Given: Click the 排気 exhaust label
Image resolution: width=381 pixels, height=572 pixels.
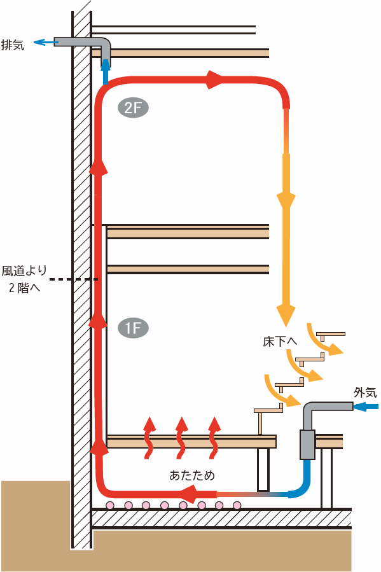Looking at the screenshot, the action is pos(13,45).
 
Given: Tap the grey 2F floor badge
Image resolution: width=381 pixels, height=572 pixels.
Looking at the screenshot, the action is pos(133,108).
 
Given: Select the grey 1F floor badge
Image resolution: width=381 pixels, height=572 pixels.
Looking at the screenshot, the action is pos(133,328).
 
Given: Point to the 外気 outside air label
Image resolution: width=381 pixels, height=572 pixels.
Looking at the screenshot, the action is pos(365,393).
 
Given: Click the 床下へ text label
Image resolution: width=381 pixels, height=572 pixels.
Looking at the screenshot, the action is pos(280,342).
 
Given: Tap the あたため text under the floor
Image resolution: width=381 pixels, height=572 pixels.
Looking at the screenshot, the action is pos(192,475).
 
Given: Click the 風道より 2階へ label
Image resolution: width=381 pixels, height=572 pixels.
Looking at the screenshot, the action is pos(24,279).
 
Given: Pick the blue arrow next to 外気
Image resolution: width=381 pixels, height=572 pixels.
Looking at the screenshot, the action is pos(366,406).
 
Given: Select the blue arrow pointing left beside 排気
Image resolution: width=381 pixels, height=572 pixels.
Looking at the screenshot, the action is pos(46,43).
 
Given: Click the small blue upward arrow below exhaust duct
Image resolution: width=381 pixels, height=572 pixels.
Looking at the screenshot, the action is pos(106,71).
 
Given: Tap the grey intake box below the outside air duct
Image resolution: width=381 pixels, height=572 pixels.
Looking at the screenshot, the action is pos(307,444).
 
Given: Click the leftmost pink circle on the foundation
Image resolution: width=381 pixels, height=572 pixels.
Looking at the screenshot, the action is pos(110,505).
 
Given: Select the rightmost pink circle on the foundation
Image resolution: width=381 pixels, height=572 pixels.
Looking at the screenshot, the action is pos(237,505).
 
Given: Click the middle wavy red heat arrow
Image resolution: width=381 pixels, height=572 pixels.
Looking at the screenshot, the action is pos(181,438).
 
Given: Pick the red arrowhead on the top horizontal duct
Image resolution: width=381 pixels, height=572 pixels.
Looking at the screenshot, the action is pos(213,80).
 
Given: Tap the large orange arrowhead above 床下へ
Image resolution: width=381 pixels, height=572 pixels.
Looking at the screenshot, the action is pos(286,314).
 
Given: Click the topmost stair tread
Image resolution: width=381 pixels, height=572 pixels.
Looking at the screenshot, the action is pos(331,334).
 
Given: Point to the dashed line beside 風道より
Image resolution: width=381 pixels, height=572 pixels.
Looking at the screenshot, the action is pos(74,279).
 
